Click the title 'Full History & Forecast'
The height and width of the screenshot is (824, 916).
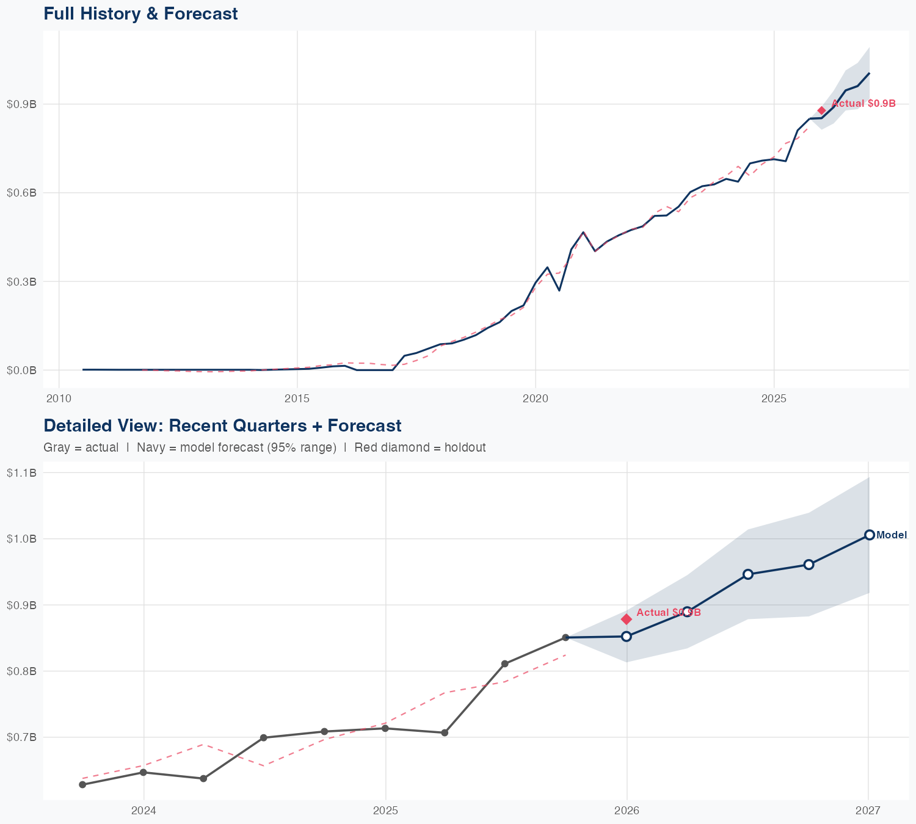pos(140,13)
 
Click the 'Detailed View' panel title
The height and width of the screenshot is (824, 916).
pos(222,425)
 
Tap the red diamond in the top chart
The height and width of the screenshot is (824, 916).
pos(822,110)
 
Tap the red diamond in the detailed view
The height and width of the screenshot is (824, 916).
pos(627,619)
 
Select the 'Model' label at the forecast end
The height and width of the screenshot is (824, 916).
pos(892,535)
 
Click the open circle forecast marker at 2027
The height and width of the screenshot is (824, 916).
pos(870,535)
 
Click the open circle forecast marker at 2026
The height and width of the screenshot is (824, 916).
pos(627,636)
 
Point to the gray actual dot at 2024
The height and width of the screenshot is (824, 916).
pos(144,772)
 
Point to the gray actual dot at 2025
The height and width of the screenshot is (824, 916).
pos(385,728)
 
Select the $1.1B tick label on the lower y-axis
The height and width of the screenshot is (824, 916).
pos(21,472)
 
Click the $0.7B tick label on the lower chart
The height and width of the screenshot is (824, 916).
pos(21,737)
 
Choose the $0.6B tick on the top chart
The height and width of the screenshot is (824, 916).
pos(21,193)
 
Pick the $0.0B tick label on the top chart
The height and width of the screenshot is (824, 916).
pos(21,370)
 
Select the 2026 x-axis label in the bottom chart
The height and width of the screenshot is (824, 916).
pos(627,811)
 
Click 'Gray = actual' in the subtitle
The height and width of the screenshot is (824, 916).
pos(81,447)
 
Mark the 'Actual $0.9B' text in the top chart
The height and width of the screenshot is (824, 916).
pos(863,104)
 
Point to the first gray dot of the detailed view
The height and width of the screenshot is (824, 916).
pos(82,784)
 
